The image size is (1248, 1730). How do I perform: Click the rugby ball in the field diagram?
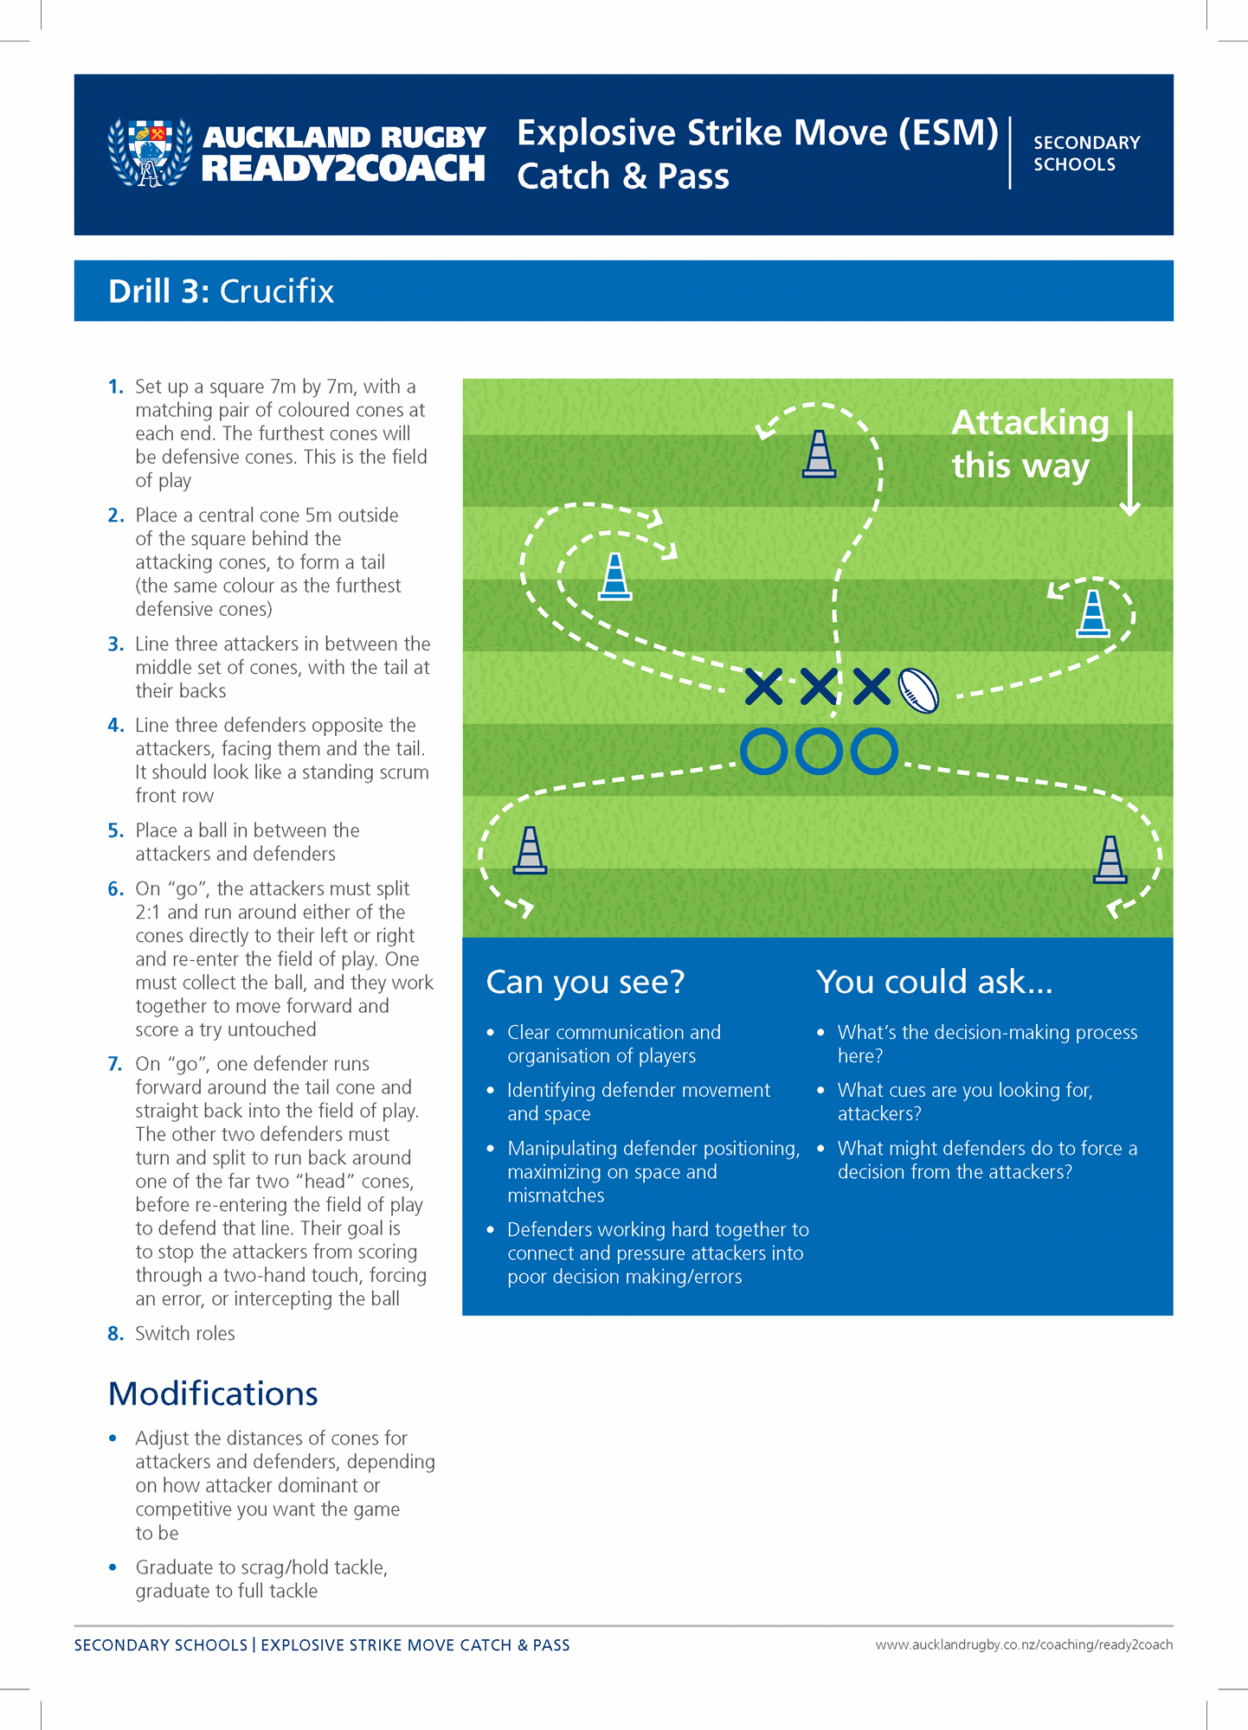(918, 690)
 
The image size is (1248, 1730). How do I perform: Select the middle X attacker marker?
(818, 686)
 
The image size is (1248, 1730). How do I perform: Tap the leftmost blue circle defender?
(763, 751)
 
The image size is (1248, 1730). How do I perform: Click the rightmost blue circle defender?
(874, 751)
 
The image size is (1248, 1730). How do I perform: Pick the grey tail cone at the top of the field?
(819, 455)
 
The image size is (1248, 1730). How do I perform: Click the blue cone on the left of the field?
(615, 577)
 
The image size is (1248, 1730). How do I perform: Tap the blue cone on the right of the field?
(1093, 614)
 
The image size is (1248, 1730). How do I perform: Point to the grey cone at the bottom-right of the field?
(1110, 860)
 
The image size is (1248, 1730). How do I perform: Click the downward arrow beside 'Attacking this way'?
(1129, 465)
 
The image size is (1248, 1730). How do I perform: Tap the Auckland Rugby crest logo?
(150, 153)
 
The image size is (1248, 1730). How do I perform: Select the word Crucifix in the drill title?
(277, 292)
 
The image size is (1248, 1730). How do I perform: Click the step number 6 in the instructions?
(116, 889)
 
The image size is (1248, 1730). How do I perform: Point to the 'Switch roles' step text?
(185, 1333)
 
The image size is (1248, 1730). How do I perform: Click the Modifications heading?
(213, 1394)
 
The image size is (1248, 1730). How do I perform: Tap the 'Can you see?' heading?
(585, 982)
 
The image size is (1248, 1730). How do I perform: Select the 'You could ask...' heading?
(934, 982)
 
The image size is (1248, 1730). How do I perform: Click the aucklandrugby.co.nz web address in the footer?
(1023, 1644)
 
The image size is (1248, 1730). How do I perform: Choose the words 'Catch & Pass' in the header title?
(623, 176)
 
